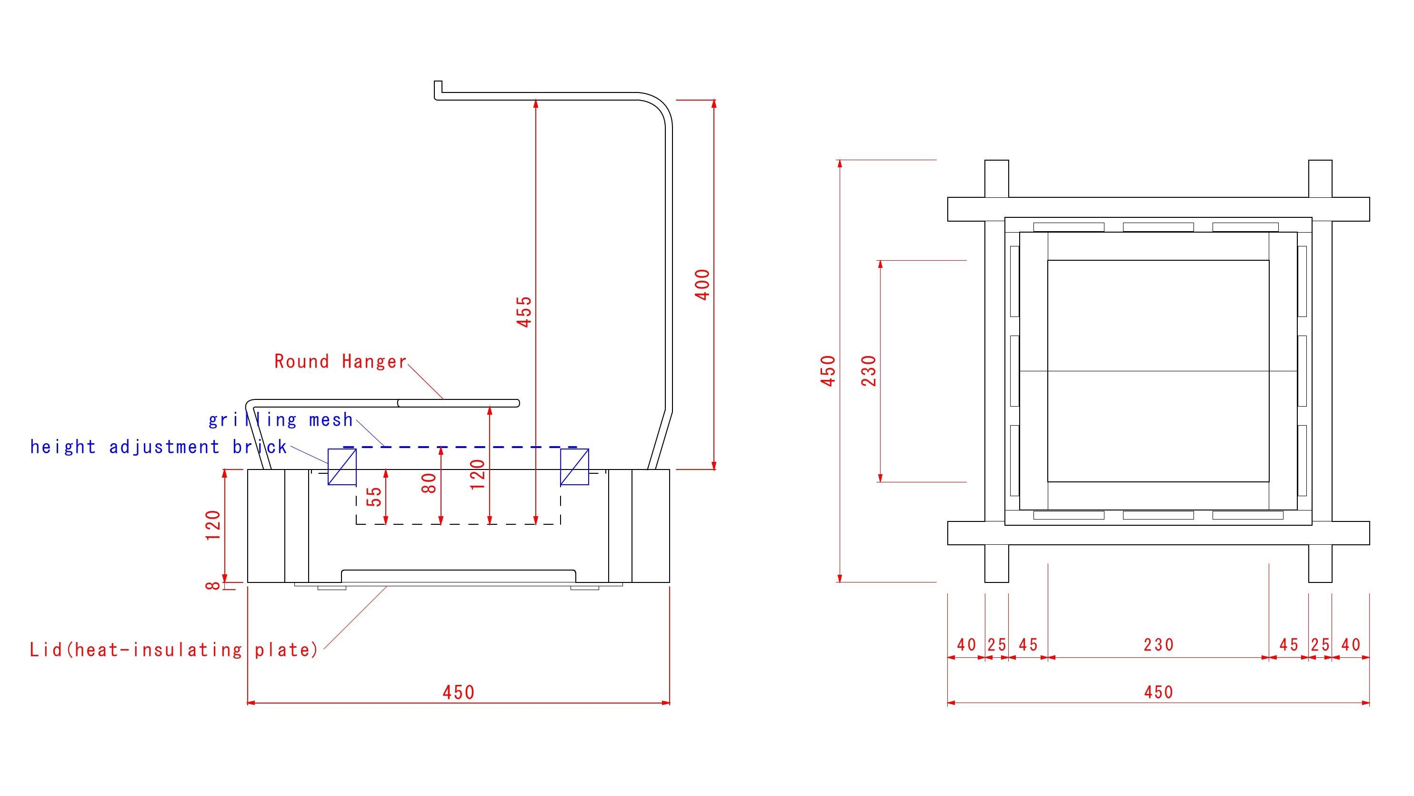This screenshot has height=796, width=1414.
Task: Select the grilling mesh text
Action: click(281, 420)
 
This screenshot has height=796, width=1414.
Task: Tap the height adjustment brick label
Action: click(158, 447)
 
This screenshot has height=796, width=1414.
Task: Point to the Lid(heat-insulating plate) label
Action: click(174, 651)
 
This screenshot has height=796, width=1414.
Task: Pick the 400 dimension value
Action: click(702, 285)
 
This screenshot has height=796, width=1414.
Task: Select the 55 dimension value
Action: click(374, 497)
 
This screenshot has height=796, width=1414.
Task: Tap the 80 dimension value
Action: click(429, 483)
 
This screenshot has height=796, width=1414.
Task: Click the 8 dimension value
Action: click(213, 586)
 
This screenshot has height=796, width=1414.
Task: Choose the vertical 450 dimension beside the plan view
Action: click(828, 371)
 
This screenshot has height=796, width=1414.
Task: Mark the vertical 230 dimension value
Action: click(870, 371)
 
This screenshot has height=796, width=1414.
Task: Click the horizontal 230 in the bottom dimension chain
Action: click(1158, 645)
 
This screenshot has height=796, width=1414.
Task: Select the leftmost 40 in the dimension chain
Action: click(966, 645)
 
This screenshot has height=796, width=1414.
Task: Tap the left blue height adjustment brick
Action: click(342, 467)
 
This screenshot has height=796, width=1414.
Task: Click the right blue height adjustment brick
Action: click(574, 467)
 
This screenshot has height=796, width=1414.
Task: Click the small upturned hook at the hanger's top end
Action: click(438, 89)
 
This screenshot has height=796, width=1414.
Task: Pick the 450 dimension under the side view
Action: click(458, 693)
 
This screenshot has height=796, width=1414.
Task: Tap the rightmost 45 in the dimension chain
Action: click(1288, 645)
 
